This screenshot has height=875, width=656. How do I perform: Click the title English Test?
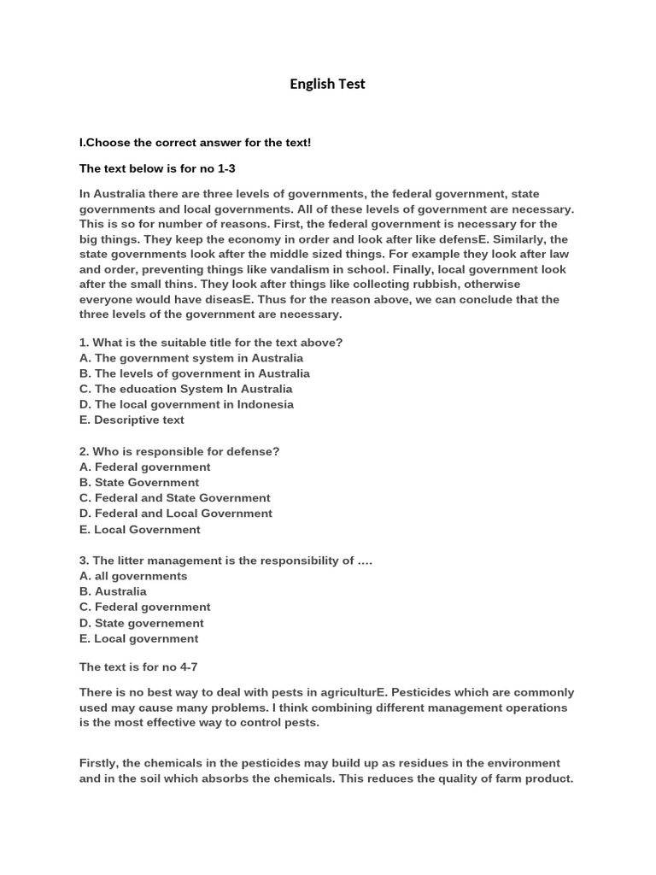(x=327, y=84)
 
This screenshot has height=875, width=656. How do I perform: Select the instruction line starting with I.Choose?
(x=195, y=142)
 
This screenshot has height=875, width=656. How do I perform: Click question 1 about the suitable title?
(x=211, y=343)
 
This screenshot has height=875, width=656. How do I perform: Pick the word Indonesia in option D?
(x=264, y=404)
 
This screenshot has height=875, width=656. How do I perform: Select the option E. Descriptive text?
(x=132, y=420)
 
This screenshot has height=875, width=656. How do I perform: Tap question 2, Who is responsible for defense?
(x=179, y=451)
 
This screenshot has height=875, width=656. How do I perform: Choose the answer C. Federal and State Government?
(x=174, y=497)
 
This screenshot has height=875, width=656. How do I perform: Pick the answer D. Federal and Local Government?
(x=176, y=514)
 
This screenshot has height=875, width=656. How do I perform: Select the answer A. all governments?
(x=133, y=576)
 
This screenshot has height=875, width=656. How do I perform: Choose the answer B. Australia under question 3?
(x=113, y=591)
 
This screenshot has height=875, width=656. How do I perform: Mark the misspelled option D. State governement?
(x=142, y=623)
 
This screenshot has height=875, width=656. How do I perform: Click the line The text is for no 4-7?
(x=138, y=667)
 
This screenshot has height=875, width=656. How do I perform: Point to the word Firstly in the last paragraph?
(x=99, y=763)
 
